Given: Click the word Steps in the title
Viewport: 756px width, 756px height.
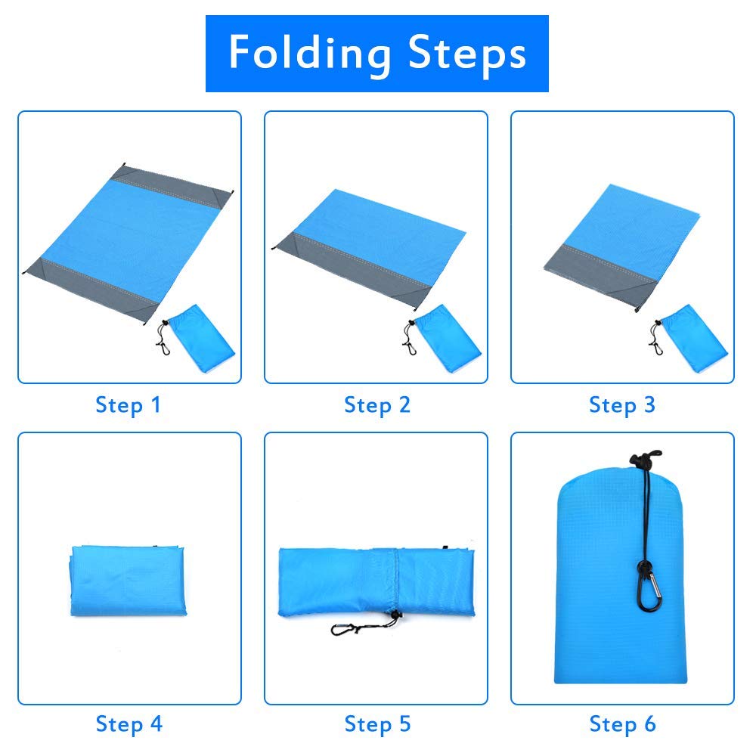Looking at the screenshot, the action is [466, 52].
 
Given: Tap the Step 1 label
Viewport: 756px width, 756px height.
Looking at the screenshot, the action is [128, 405].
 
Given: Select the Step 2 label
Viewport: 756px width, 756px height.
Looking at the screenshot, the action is [377, 405].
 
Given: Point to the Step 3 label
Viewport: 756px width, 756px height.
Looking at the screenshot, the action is [622, 405].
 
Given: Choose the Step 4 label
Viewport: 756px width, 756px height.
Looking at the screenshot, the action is [129, 724].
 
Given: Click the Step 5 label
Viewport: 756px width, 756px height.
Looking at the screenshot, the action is [377, 724].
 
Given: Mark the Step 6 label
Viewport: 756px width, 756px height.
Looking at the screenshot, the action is [622, 724].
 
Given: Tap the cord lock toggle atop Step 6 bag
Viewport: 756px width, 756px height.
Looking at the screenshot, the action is [645, 458].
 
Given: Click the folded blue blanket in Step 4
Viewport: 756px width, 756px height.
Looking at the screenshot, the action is [128, 581].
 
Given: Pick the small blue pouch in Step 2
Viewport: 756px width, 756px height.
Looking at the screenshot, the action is [448, 339].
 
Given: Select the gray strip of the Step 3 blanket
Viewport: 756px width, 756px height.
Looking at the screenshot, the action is [601, 275].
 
